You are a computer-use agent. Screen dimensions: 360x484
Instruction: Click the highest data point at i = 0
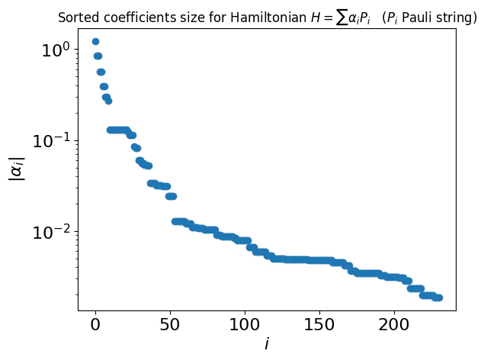[95, 42]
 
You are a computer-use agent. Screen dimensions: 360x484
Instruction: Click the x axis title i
[267, 345]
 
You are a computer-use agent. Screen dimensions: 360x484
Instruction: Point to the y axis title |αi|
[17, 169]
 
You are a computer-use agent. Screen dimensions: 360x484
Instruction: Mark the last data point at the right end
[439, 297]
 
